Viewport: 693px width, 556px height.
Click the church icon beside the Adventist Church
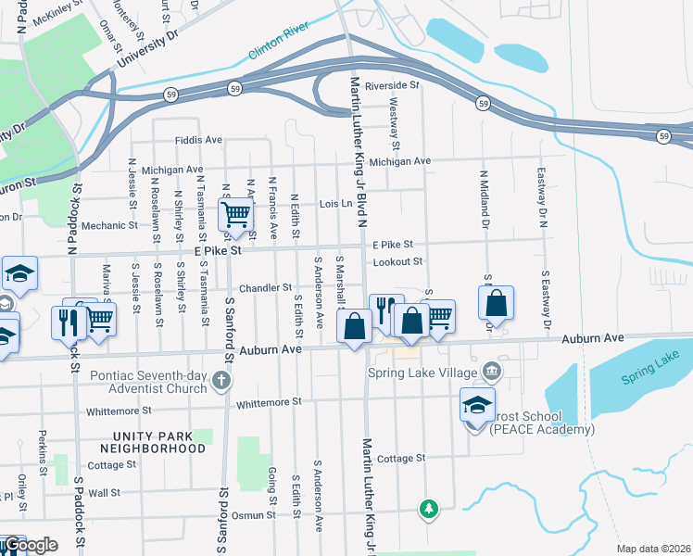(x=220, y=380)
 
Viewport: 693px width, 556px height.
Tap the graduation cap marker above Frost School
(x=477, y=405)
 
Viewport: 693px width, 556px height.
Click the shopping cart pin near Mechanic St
(x=236, y=215)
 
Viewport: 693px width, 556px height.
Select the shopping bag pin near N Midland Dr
(x=497, y=303)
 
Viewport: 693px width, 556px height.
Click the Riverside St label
(x=392, y=85)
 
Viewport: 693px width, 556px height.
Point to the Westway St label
(x=395, y=125)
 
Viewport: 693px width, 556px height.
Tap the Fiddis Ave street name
(x=199, y=140)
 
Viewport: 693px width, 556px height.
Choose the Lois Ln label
(x=335, y=203)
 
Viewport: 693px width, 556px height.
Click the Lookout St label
(x=397, y=262)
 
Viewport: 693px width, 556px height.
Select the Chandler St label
(x=266, y=287)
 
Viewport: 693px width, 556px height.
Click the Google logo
(x=30, y=545)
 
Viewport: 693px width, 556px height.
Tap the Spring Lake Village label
(x=422, y=373)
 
